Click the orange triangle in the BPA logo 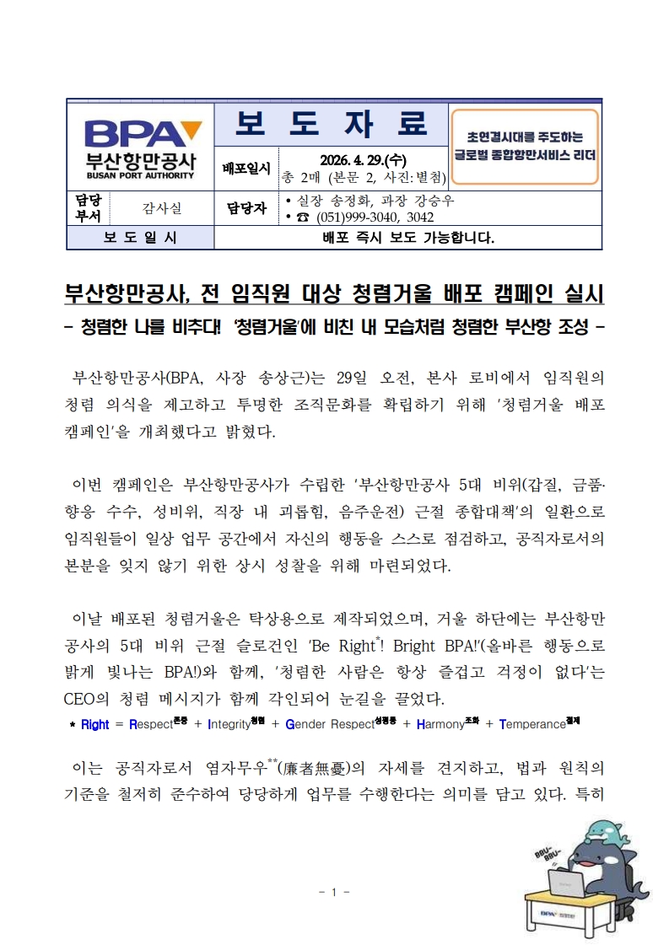coord(192,129)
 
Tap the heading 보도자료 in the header coord(331,125)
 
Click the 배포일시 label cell coord(246,169)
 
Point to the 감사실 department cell coord(161,207)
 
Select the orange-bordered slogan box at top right coord(525,145)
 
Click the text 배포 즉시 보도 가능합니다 coord(408,238)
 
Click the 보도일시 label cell coord(140,238)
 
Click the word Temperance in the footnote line coord(536,723)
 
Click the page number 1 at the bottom coord(334,892)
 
